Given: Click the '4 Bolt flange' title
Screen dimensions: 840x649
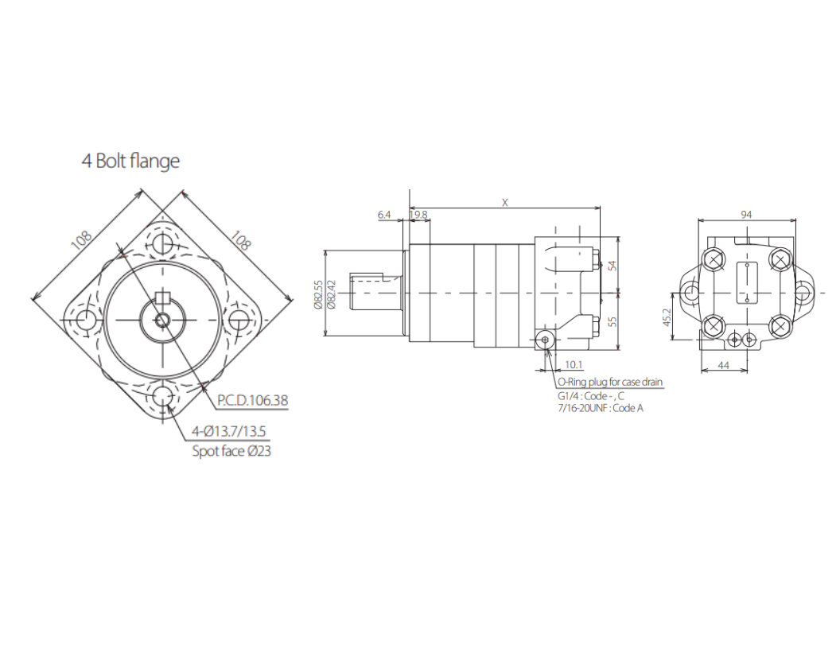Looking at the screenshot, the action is (130, 161).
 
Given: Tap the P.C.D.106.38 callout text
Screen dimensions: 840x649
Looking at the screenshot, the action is (253, 400).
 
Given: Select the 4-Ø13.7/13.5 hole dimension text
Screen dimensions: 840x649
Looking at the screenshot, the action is (229, 431).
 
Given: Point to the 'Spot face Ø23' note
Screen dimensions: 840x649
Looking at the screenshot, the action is (231, 451).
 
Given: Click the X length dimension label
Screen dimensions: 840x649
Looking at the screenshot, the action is (504, 203).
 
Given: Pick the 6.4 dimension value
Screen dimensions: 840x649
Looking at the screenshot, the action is (384, 215).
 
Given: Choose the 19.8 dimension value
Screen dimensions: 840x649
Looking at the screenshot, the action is (418, 215).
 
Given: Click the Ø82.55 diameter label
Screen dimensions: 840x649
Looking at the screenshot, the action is (318, 294).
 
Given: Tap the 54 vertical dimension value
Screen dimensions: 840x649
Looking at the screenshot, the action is (612, 265).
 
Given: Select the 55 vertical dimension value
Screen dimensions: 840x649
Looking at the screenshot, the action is (612, 321).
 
